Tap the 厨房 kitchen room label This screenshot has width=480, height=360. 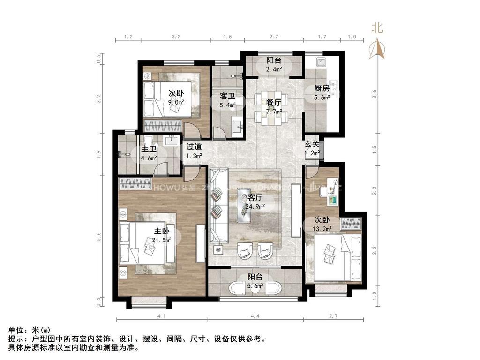(322, 89)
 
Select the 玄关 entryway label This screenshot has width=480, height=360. (312, 145)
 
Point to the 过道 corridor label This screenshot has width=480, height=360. (194, 147)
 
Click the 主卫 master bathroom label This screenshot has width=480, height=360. (149, 150)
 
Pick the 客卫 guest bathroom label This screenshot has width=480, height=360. (227, 96)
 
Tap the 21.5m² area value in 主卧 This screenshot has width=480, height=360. (162, 240)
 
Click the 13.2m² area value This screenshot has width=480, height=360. (322, 229)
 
